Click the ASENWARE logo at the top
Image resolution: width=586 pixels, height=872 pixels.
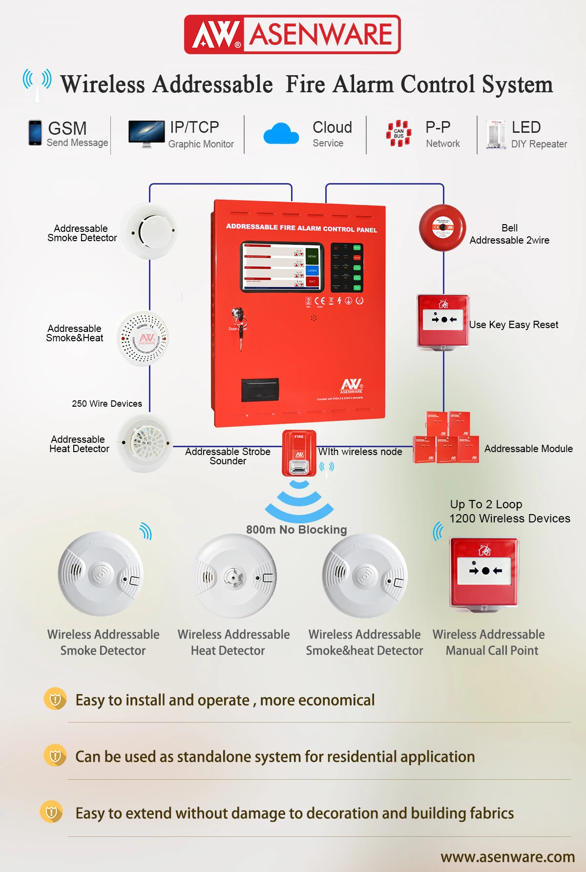[292, 34]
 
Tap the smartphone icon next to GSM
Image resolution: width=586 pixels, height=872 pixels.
[35, 133]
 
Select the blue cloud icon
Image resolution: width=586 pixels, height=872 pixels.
[281, 134]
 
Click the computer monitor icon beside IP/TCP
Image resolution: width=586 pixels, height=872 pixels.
[146, 133]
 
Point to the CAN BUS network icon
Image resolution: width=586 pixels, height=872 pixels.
[398, 133]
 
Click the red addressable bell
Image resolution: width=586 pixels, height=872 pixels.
[442, 228]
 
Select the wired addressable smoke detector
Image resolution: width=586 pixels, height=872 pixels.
[149, 231]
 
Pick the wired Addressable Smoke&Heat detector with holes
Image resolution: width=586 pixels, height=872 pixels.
[144, 338]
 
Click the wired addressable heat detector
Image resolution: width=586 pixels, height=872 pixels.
[145, 443]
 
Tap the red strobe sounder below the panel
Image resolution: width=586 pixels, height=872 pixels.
[299, 453]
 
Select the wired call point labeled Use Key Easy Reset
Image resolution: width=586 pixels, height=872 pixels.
[443, 321]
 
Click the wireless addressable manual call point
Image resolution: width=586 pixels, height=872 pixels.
[484, 573]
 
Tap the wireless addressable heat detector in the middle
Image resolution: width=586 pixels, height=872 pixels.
[235, 576]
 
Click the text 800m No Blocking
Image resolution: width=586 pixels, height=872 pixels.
[296, 530]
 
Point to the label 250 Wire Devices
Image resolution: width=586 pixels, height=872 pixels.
[107, 404]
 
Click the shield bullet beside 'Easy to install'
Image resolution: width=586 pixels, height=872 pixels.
[55, 699]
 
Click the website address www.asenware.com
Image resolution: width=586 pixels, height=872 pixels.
[507, 857]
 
